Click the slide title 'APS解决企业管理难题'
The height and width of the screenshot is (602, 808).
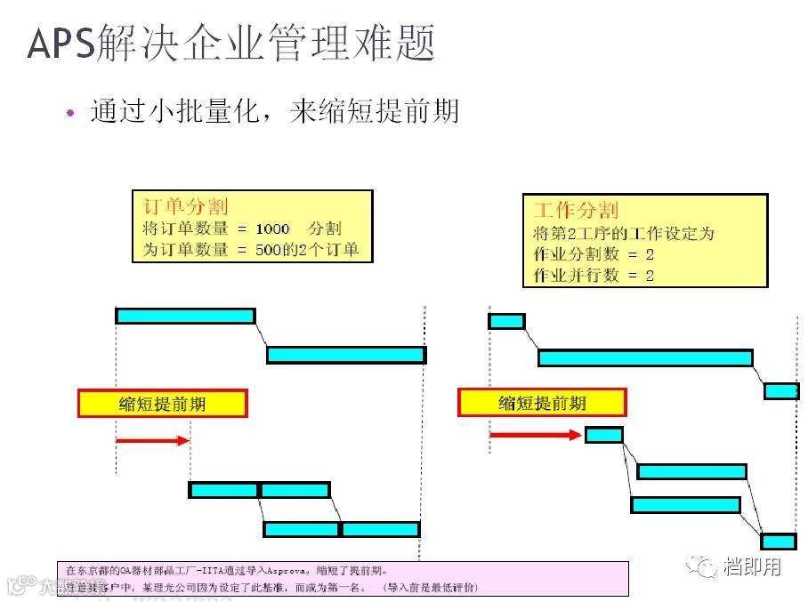pyautogui.click(x=231, y=43)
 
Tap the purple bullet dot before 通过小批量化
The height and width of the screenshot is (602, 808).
pyautogui.click(x=71, y=113)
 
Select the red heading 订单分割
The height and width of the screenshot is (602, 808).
pyautogui.click(x=185, y=206)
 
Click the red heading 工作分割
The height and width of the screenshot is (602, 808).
pyautogui.click(x=575, y=211)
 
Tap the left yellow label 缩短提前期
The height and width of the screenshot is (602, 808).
pyautogui.click(x=162, y=404)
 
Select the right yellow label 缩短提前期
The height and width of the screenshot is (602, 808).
pyautogui.click(x=542, y=403)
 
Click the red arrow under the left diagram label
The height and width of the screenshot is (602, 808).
pyautogui.click(x=152, y=440)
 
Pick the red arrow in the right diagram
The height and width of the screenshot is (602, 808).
pyautogui.click(x=535, y=435)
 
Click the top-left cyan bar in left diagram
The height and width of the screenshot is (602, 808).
pyautogui.click(x=185, y=316)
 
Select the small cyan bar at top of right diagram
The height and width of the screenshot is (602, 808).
pyautogui.click(x=506, y=321)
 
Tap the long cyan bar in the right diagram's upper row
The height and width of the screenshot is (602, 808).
pyautogui.click(x=645, y=357)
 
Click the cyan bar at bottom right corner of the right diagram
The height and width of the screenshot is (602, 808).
pyautogui.click(x=779, y=542)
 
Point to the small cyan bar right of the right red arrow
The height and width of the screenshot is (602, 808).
pyautogui.click(x=604, y=435)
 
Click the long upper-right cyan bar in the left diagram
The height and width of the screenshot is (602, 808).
pyautogui.click(x=345, y=355)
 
